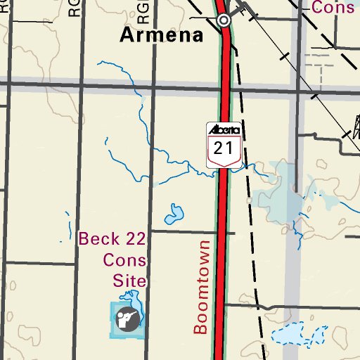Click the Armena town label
pos(162,36)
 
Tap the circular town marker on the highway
pos(224,20)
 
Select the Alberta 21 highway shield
pos(224,144)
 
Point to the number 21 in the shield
pos(224,148)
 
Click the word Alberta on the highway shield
pos(224,130)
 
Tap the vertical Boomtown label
pos(202,287)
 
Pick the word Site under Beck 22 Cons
pos(130,281)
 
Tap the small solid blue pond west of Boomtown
pos(174,212)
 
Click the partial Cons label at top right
pos(333,8)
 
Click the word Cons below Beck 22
pos(124,259)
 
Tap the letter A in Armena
pos(127,36)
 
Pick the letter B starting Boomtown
pos(202,327)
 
